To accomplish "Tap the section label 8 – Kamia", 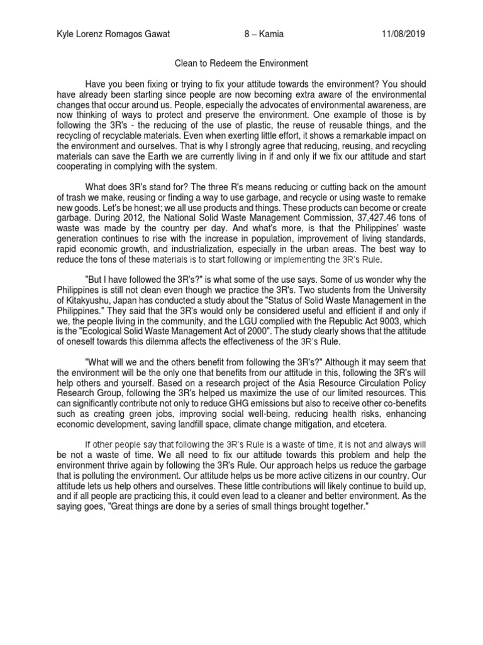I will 262,34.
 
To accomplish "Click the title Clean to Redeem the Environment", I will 241,64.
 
